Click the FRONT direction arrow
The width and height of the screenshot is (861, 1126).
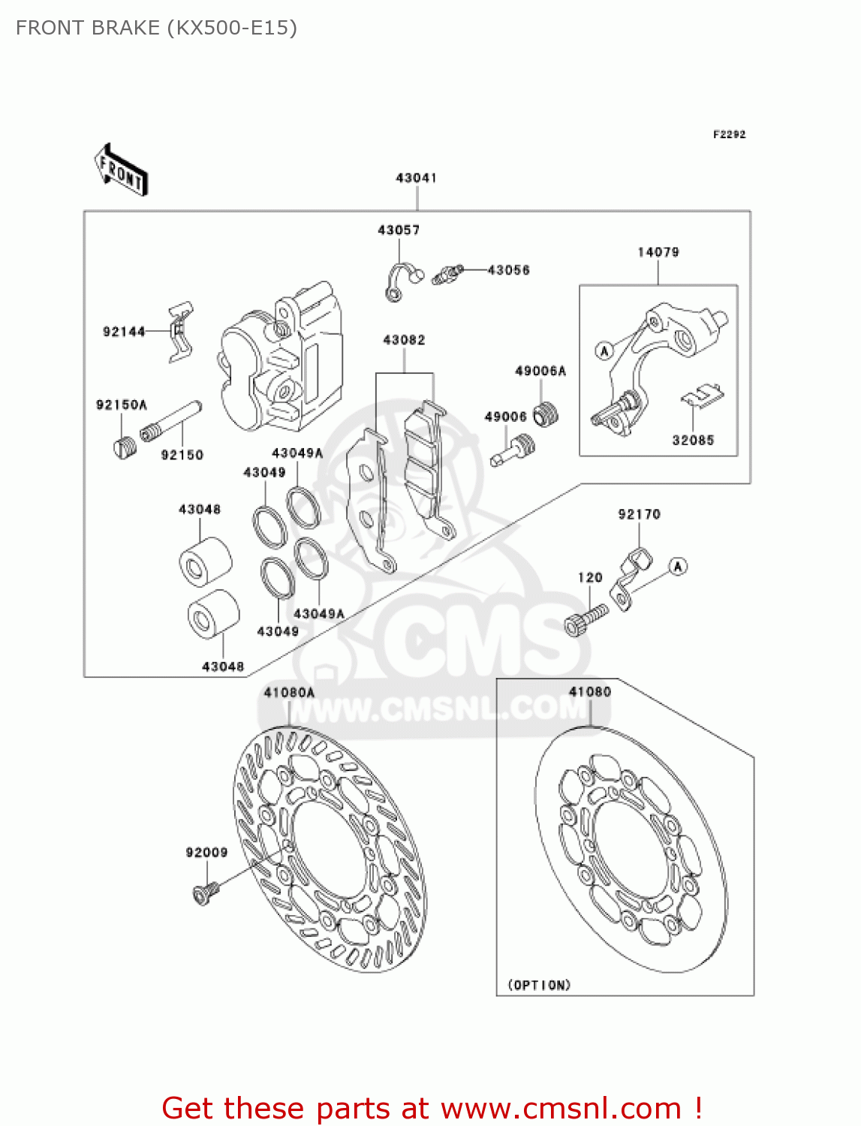pos(121,170)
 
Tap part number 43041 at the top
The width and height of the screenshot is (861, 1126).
pos(416,178)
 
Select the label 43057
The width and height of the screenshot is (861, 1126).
pos(399,230)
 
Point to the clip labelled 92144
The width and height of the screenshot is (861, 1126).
pos(180,331)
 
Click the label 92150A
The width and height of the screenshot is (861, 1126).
pos(122,405)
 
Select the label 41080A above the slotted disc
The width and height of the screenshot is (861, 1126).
pos(289,692)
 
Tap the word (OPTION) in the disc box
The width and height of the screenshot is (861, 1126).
pos(539,985)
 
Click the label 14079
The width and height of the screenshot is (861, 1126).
pos(658,252)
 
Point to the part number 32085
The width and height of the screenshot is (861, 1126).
pos(693,441)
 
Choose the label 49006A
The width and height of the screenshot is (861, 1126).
pos(540,371)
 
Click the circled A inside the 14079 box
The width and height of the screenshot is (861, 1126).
pos(604,351)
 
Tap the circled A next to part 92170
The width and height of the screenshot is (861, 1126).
pos(678,567)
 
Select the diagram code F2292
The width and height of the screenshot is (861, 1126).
pos(729,134)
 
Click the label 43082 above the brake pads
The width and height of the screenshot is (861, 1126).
pos(404,340)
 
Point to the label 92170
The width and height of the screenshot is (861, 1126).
pos(639,514)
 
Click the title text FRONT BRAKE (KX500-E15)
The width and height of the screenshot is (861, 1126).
pos(156,28)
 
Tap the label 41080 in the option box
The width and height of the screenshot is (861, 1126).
pos(590,692)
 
